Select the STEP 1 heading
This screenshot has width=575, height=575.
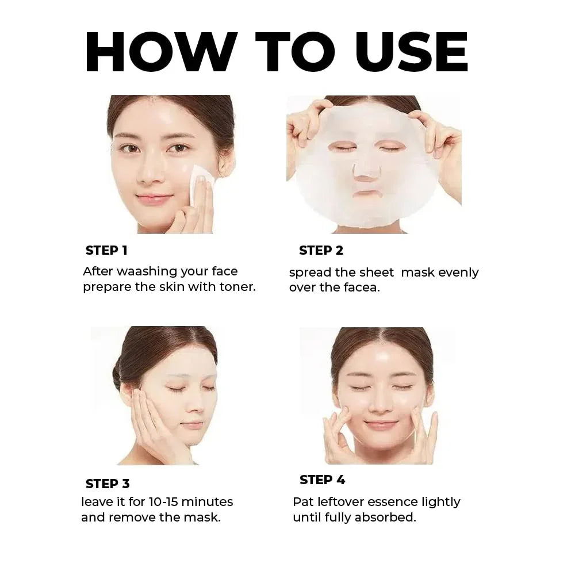point(106,251)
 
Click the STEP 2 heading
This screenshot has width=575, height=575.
point(321,251)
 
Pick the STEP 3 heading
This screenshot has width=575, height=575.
point(108,484)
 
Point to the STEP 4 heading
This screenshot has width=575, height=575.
point(322,480)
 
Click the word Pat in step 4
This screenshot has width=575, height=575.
point(302,502)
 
